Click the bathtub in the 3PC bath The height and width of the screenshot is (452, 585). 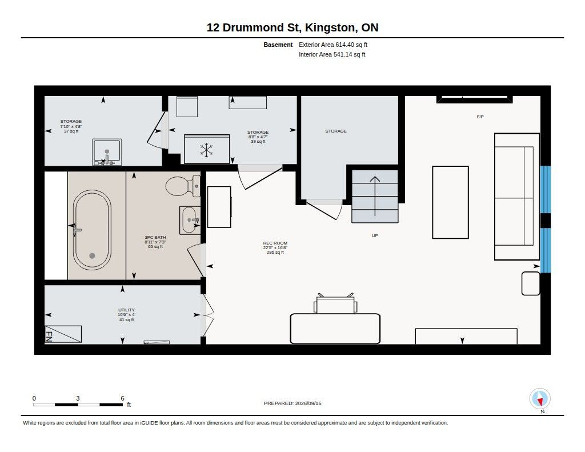coord(92,230)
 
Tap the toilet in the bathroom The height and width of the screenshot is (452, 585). coord(183,186)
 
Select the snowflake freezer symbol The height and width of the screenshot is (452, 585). coord(206,150)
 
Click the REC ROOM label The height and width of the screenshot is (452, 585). coord(275,243)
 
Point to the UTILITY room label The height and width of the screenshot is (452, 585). coord(126,310)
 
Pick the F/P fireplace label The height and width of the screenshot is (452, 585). coord(480,117)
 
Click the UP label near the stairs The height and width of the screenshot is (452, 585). coord(375,235)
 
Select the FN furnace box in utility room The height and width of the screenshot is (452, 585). coord(63,334)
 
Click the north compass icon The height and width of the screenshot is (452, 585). coord(540,399)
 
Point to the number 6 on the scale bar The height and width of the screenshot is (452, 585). coord(122,398)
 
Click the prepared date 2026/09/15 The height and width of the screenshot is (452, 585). coord(308,403)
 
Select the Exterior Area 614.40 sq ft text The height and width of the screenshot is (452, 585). coord(333,45)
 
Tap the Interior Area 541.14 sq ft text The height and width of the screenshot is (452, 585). coord(332,54)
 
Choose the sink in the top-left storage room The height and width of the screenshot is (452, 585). coord(107,152)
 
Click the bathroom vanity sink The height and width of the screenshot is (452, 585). coord(190,220)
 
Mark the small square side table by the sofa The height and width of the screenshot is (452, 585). coord(531,283)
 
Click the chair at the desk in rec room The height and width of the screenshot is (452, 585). coord(335,303)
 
